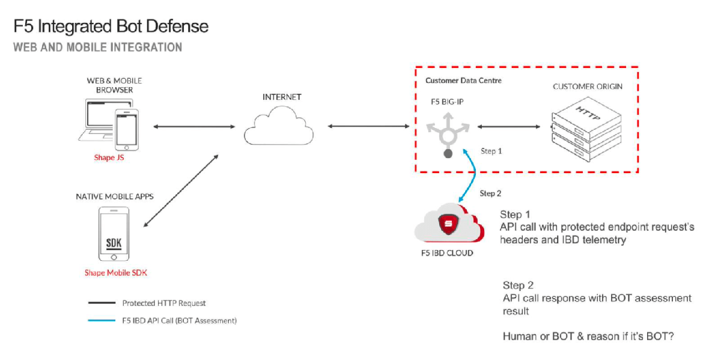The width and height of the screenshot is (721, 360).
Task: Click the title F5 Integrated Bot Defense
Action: pos(111,26)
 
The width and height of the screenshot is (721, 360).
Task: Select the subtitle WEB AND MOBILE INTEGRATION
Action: pos(97,47)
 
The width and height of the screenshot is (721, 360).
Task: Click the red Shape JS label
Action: pos(108,158)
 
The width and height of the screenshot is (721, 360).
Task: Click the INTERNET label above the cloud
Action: pos(282,97)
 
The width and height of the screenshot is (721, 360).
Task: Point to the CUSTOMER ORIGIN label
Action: pos(587,87)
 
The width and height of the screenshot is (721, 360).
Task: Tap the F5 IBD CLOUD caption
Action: pos(446,253)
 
